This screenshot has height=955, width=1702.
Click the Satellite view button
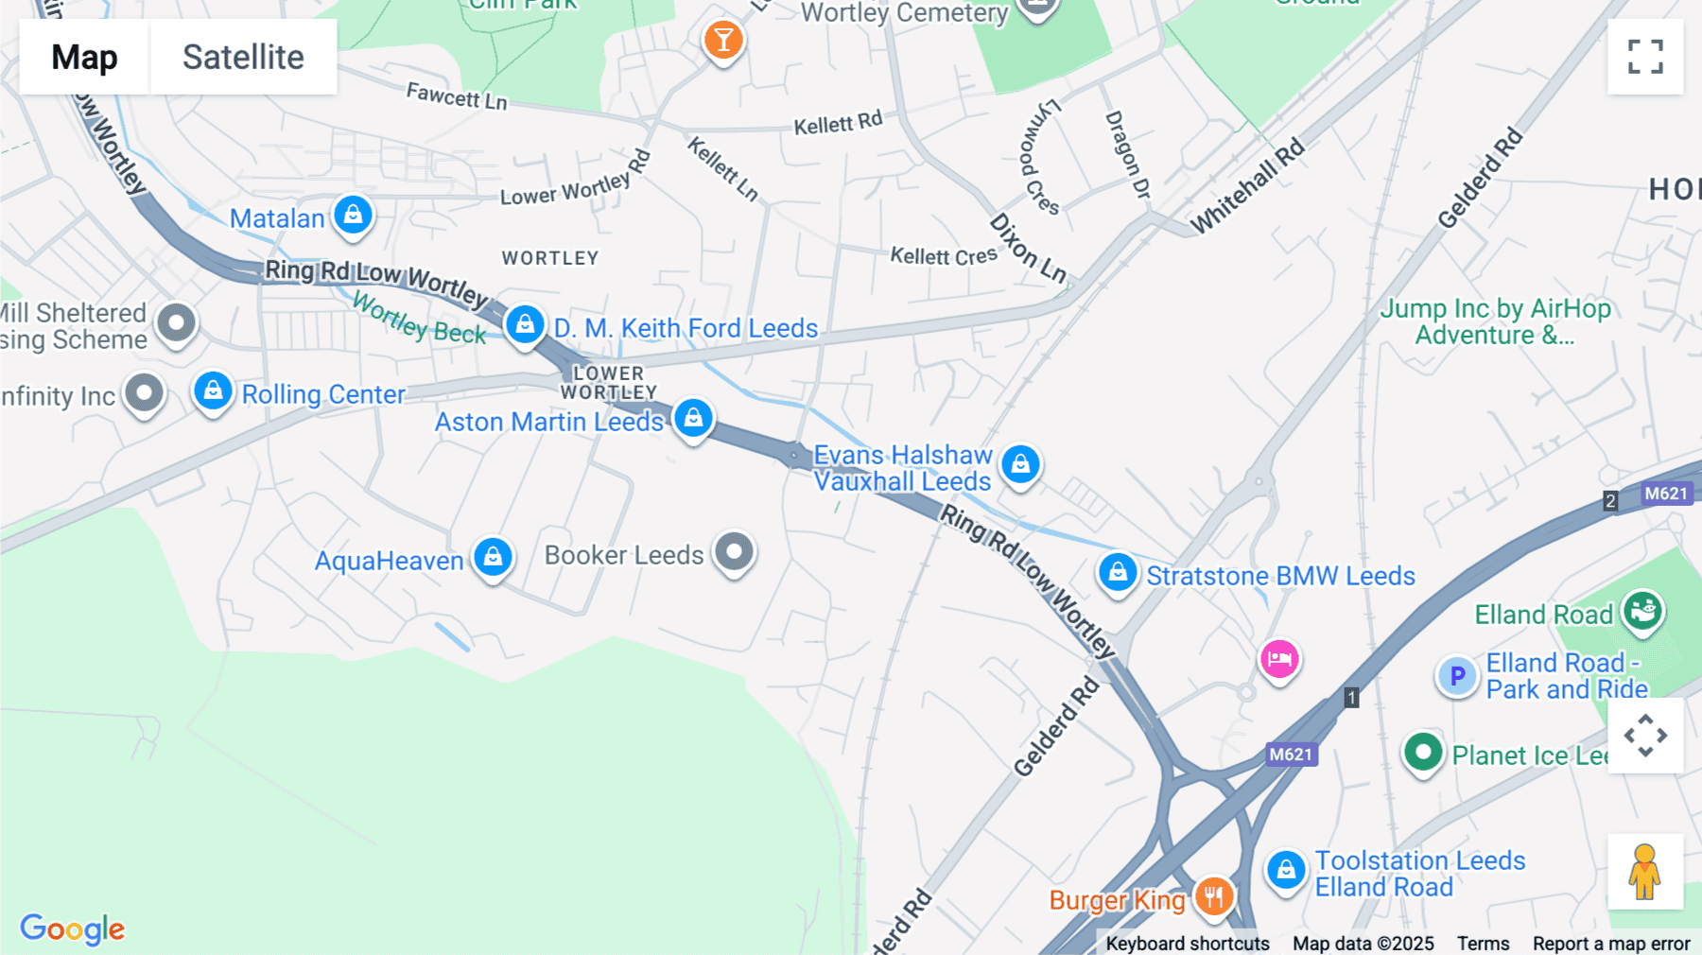243,57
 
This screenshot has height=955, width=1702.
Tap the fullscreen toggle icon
1645,57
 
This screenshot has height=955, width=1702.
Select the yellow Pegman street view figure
1645,871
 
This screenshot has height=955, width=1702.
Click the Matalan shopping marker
353,215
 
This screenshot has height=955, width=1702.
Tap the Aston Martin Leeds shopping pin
693,417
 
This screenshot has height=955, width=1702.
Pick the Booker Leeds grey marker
734,551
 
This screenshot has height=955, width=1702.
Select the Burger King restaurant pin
1214,895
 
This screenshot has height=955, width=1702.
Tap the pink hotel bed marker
1279,659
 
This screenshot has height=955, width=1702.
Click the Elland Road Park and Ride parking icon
1457,676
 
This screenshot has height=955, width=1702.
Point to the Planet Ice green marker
1423,753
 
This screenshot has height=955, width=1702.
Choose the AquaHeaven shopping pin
493,558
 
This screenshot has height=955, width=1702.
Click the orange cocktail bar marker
723,41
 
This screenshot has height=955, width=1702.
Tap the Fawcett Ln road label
457,95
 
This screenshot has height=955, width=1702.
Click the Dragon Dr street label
1127,154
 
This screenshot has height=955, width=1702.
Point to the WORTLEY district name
550,258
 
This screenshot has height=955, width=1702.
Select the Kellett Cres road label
944,256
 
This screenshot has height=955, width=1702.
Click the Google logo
72,929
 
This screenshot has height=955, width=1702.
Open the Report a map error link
1611,944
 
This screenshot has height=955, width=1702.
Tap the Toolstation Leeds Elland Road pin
1286,869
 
